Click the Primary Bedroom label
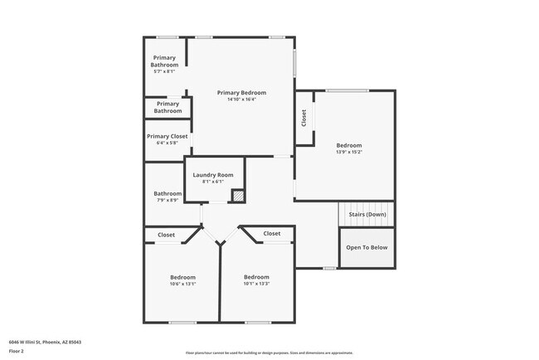[241, 92]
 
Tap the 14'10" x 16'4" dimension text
[241, 100]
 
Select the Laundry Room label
[213, 175]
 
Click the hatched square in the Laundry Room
[238, 196]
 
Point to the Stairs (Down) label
[366, 214]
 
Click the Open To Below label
[366, 247]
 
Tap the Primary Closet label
[167, 136]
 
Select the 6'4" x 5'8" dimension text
[167, 143]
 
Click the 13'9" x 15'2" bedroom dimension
[348, 152]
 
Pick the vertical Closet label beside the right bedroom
[304, 118]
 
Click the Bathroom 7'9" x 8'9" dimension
[167, 200]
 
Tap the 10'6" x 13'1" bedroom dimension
[182, 284]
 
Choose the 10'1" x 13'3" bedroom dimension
[256, 284]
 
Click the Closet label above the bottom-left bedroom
[167, 235]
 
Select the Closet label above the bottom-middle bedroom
[272, 234]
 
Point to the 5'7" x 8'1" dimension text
[164, 71]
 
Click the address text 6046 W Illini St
[45, 341]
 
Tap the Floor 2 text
[17, 352]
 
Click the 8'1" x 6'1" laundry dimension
[213, 182]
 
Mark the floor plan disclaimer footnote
[269, 353]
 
